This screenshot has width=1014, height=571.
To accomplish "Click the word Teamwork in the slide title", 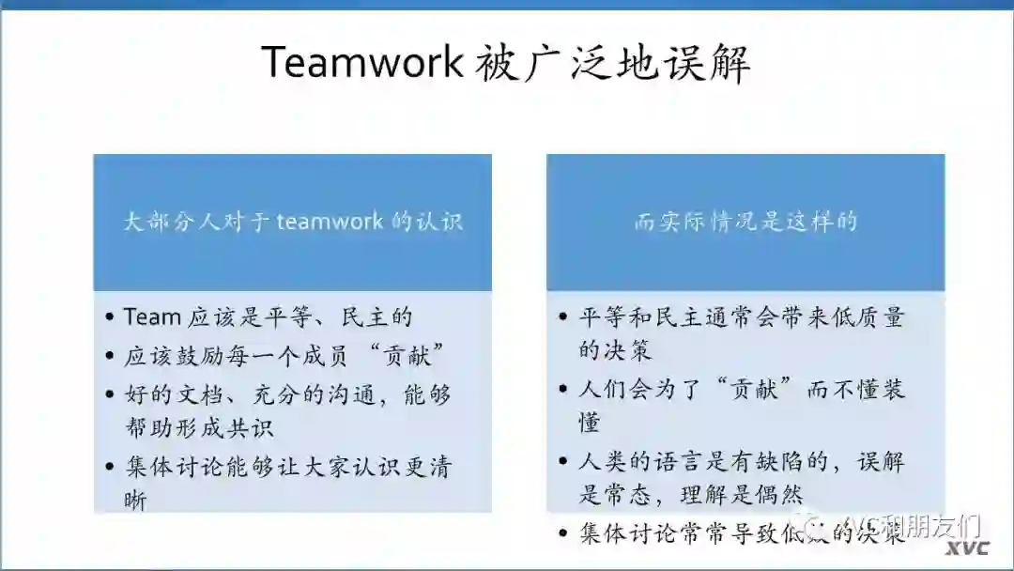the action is pyautogui.click(x=361, y=62).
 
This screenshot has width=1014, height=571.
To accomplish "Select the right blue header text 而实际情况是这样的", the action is pyautogui.click(x=745, y=223).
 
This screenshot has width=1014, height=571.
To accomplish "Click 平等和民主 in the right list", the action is pyautogui.click(x=638, y=317).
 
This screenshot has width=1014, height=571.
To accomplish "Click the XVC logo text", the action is pyautogui.click(x=967, y=548).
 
